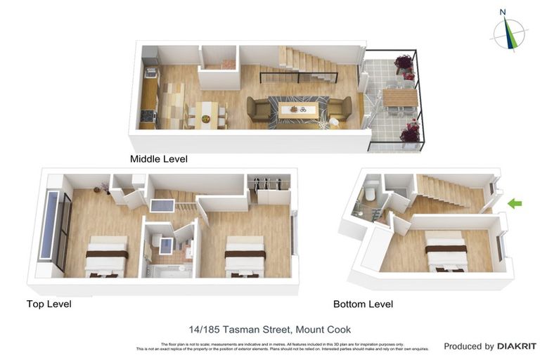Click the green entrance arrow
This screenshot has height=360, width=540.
pos(515,204)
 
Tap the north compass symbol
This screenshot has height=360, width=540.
pos(509,32)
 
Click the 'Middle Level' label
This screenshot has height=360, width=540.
pos(158,159)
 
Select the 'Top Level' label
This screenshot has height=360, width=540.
pos(49,304)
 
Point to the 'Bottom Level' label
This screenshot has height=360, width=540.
pos(363,304)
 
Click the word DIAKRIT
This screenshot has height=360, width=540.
pos(517,346)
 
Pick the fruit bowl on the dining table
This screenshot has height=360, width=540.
pos(205,118)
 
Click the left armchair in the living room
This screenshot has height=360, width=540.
pos(258,109)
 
